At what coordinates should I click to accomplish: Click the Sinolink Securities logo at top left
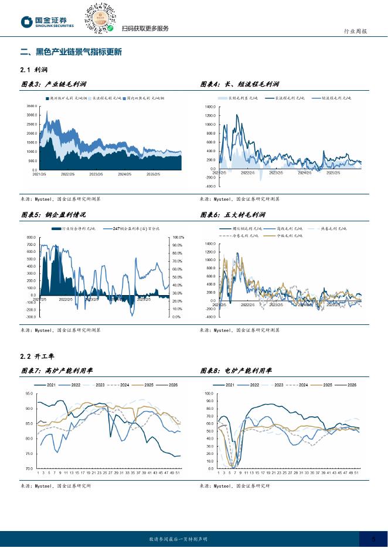[47, 22]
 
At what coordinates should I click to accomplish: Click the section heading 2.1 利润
[33, 70]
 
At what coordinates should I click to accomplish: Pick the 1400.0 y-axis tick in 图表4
[210, 107]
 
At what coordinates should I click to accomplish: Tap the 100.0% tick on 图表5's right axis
[178, 237]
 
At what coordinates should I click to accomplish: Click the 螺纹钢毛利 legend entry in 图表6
[237, 228]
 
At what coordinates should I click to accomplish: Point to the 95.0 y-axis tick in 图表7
[29, 393]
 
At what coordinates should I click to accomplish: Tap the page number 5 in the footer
[373, 539]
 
